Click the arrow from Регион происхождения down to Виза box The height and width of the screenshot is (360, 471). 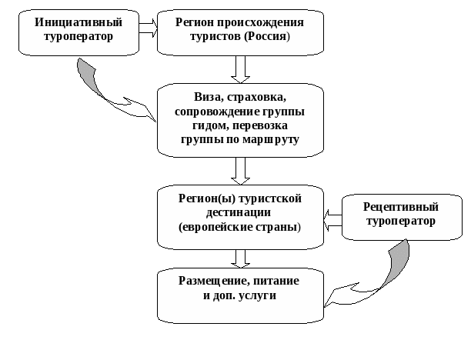tap(241, 69)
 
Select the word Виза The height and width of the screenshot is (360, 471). tap(209, 98)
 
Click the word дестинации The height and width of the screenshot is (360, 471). tap(239, 213)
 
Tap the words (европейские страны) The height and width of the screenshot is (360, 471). tap(239, 228)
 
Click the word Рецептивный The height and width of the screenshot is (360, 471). tap(401, 207)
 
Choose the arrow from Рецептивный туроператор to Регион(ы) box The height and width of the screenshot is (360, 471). tap(332, 222)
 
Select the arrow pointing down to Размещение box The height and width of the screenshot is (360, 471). tap(241, 258)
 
